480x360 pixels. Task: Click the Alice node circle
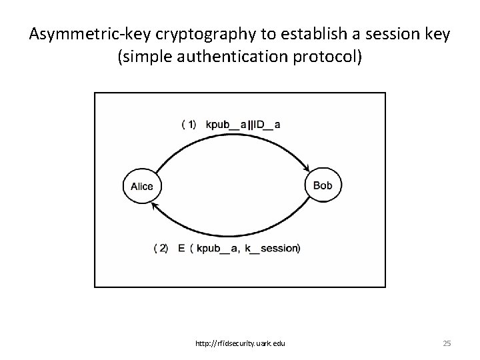point(142,186)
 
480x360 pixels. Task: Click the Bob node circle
point(322,185)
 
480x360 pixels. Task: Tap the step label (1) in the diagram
point(189,124)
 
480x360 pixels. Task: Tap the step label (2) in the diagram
point(161,248)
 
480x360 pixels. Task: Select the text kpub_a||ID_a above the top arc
point(243,124)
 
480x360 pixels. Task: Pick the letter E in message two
point(181,248)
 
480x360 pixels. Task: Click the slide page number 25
point(447,343)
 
